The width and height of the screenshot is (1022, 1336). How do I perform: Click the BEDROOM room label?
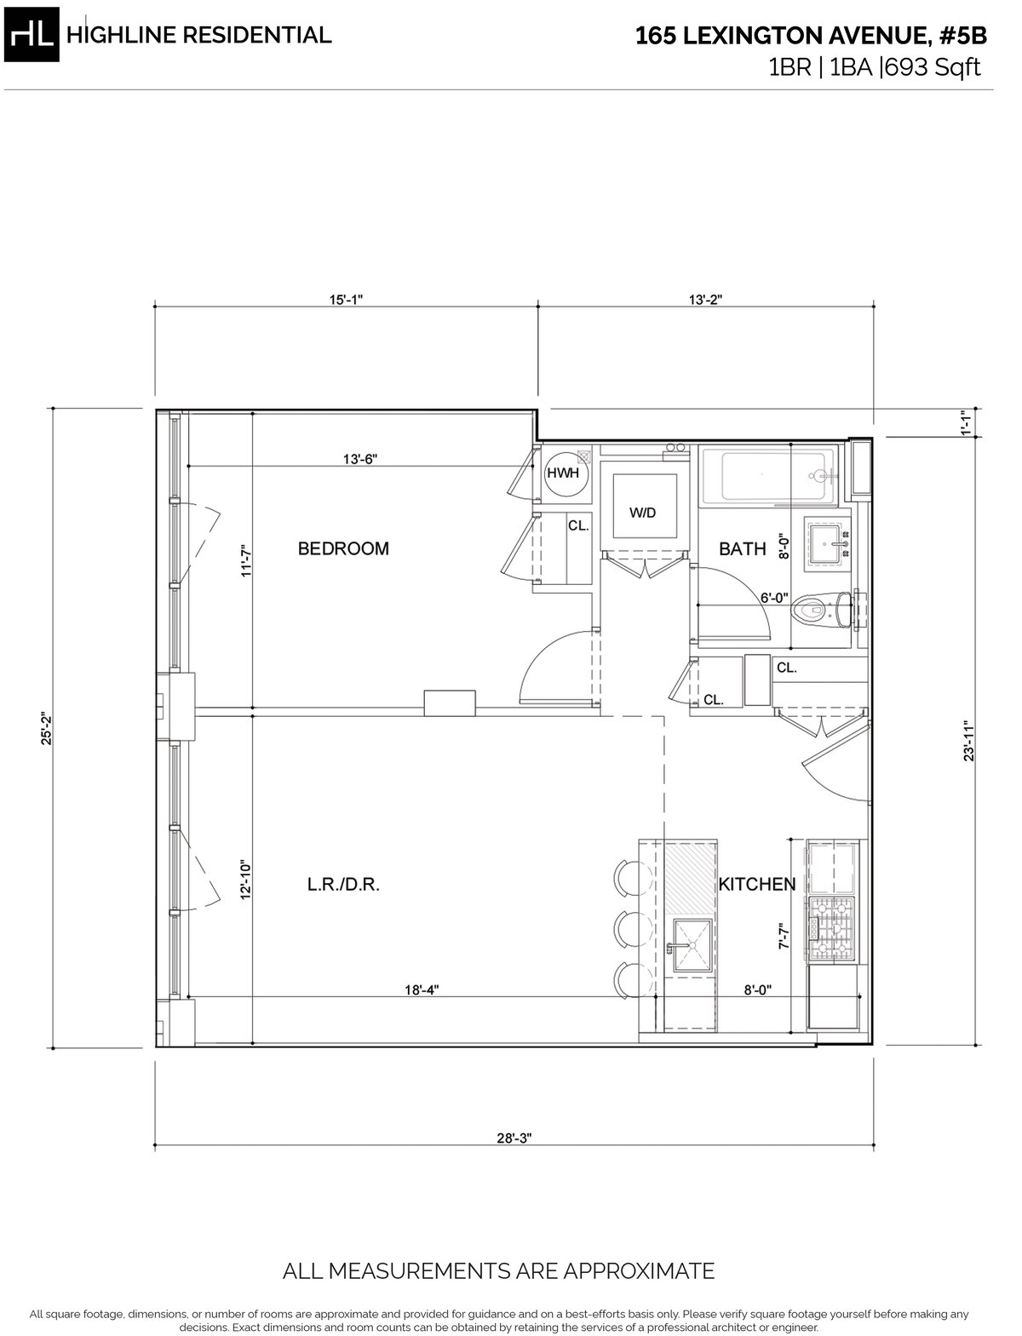(x=342, y=548)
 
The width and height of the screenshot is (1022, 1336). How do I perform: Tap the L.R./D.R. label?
(x=343, y=885)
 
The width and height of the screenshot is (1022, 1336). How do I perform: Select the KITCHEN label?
(x=756, y=884)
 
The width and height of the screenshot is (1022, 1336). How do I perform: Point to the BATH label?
(x=742, y=548)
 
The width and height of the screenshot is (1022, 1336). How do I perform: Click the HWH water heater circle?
(x=563, y=473)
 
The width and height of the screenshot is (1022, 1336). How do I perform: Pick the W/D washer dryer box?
(x=645, y=506)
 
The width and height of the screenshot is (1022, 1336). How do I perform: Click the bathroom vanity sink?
(x=829, y=543)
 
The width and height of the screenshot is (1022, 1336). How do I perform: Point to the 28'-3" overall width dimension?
(x=514, y=1138)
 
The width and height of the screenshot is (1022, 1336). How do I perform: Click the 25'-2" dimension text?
(x=47, y=729)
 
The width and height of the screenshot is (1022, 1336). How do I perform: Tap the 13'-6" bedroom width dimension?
(x=360, y=459)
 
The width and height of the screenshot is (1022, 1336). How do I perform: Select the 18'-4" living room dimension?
(x=422, y=990)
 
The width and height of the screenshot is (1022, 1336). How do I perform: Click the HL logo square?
(x=32, y=35)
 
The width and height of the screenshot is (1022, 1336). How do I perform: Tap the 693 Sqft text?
(x=933, y=67)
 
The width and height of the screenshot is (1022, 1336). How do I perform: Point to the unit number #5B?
(x=963, y=36)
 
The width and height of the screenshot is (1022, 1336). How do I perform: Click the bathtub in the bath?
(x=767, y=477)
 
